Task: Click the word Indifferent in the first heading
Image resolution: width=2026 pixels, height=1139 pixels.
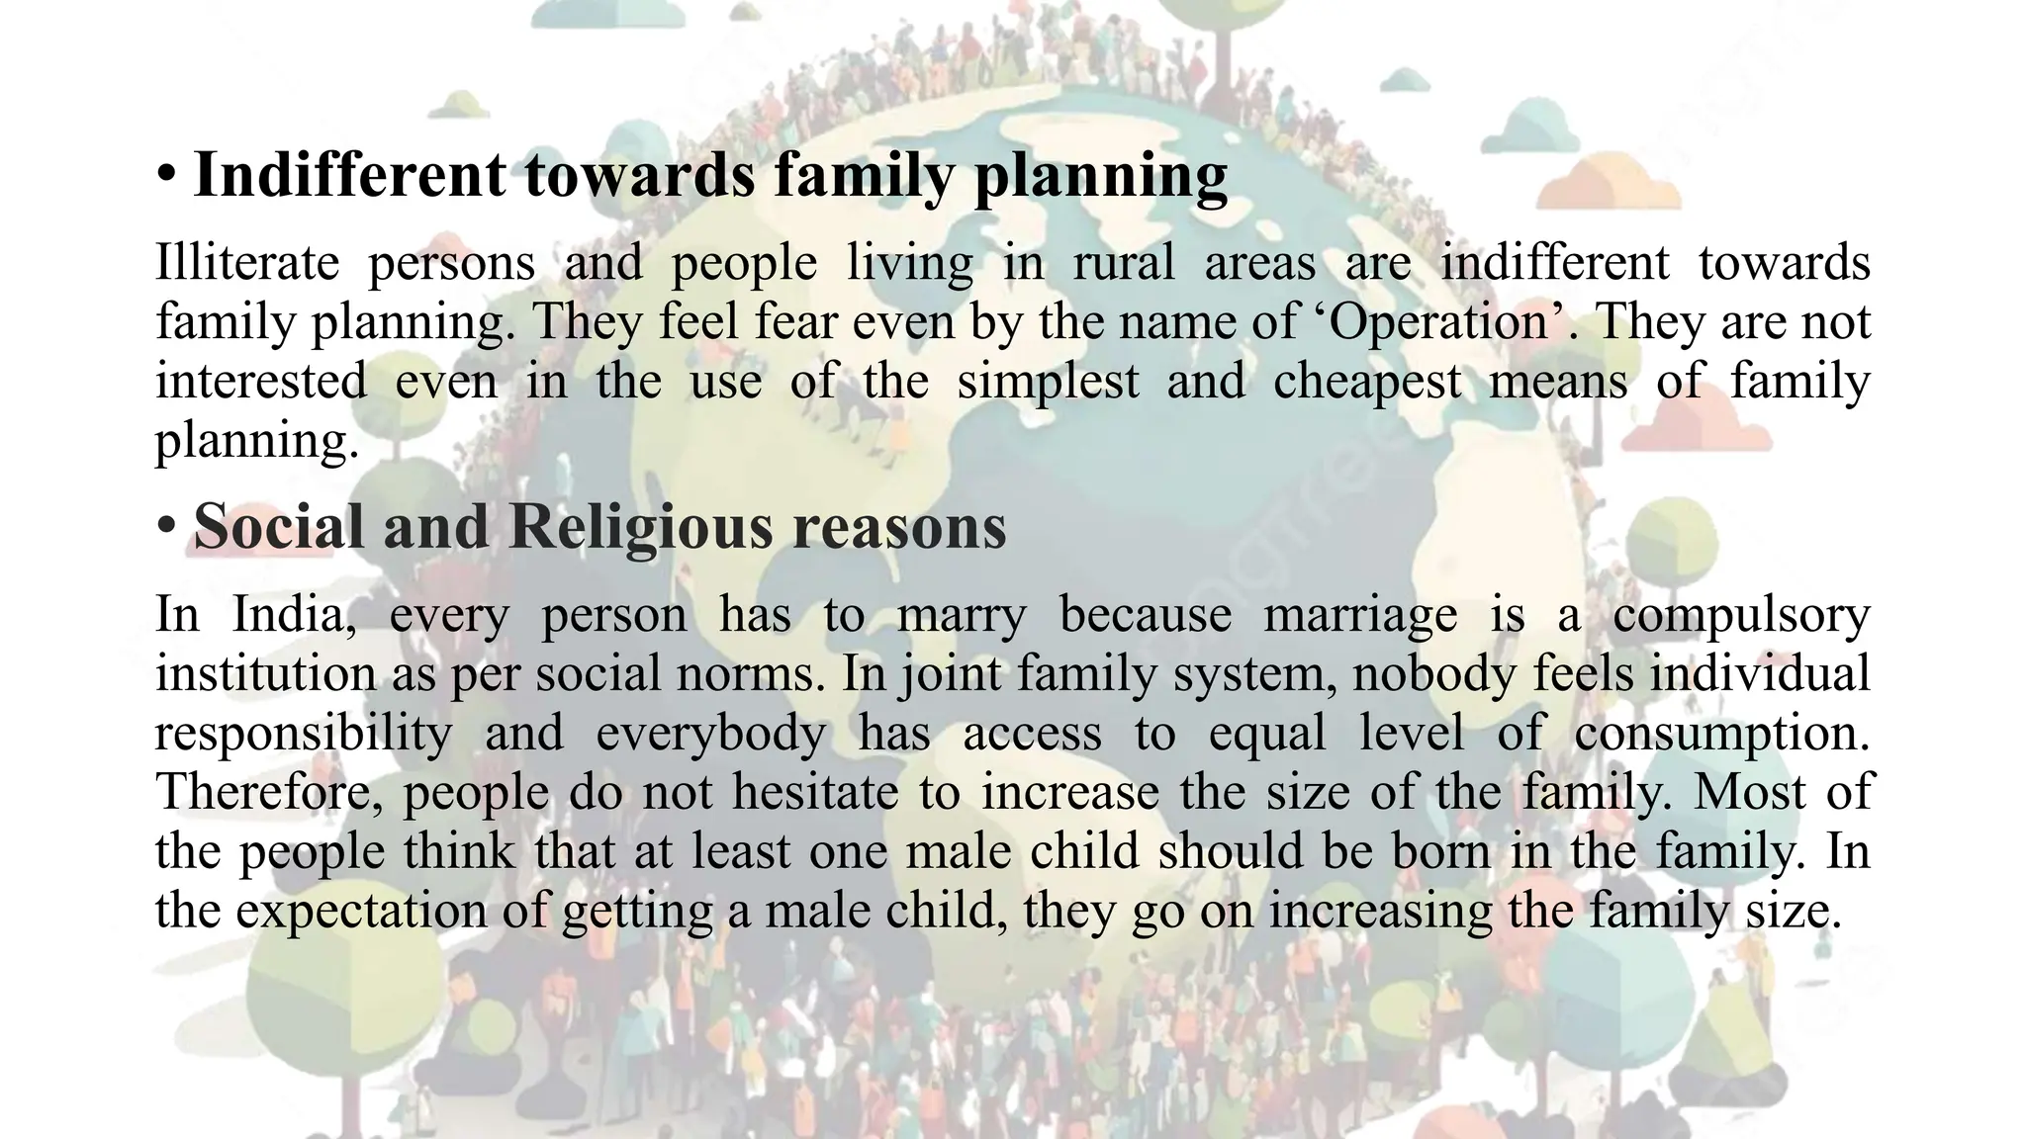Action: [349, 175]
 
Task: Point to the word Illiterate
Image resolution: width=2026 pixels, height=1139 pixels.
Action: [247, 263]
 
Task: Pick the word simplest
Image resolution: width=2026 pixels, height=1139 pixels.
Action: [1048, 382]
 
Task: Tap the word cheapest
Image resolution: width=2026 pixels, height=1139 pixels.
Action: [1367, 382]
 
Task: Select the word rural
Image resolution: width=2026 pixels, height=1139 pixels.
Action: [1125, 263]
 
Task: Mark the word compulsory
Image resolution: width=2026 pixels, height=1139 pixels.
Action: [1741, 615]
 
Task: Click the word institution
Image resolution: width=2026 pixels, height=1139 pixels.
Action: [265, 674]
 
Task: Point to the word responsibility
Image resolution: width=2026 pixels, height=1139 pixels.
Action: [304, 734]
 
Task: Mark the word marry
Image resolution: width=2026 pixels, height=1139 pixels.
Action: [962, 615]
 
